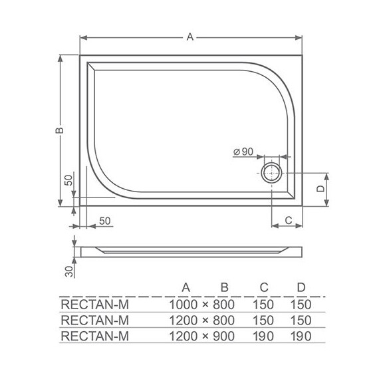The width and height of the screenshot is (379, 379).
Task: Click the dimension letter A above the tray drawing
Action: (x=189, y=38)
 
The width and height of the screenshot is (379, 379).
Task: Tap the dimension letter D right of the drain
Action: (x=319, y=188)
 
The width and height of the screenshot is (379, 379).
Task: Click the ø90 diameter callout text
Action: (x=243, y=152)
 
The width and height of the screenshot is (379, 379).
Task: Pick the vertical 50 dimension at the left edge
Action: (x=67, y=181)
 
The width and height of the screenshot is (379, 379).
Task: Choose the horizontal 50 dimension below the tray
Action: (x=105, y=220)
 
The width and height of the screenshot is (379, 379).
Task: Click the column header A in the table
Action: (x=187, y=287)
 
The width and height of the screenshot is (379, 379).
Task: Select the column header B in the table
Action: (x=225, y=287)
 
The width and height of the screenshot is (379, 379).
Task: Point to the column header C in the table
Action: (x=264, y=287)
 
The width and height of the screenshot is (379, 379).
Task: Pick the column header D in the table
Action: (x=301, y=287)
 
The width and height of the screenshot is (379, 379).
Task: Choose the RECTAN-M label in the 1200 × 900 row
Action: (x=94, y=336)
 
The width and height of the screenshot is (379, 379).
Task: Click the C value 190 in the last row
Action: (x=264, y=336)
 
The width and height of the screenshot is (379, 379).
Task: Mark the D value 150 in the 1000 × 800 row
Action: (x=301, y=305)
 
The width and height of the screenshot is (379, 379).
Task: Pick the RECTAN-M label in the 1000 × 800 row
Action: (x=94, y=305)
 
